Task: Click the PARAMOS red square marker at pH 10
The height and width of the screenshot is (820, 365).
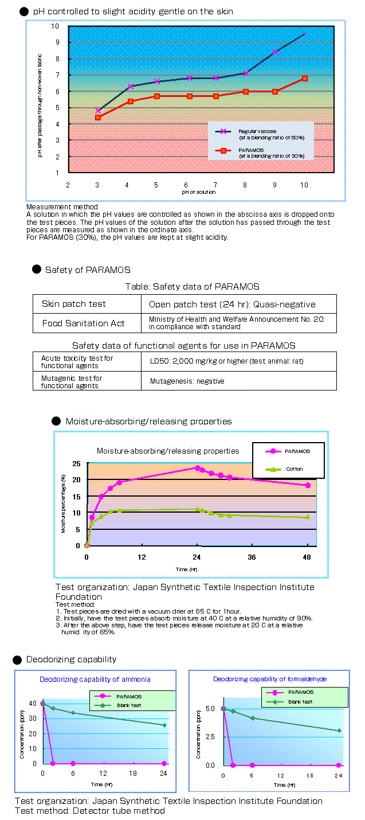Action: click(x=304, y=78)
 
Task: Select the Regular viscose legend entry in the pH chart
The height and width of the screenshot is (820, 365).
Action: click(x=260, y=134)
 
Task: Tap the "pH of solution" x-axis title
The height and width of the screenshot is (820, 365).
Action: click(x=198, y=192)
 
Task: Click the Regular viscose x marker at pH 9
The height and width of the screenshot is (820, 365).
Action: click(x=275, y=52)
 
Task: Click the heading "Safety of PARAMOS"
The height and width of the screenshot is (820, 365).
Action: click(x=88, y=270)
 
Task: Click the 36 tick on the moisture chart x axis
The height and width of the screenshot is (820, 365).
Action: click(x=252, y=557)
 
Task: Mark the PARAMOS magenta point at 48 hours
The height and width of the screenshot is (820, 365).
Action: click(x=308, y=485)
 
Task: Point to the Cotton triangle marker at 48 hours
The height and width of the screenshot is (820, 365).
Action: click(x=308, y=517)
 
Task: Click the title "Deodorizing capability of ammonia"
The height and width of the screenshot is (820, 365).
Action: click(x=95, y=680)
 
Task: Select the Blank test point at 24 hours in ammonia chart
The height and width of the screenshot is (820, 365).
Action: click(x=164, y=725)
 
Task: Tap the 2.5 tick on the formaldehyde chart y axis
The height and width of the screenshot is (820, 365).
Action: click(x=210, y=737)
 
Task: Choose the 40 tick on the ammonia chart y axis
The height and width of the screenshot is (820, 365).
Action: click(x=32, y=704)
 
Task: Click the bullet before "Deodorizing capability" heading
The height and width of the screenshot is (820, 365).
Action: click(x=17, y=660)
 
